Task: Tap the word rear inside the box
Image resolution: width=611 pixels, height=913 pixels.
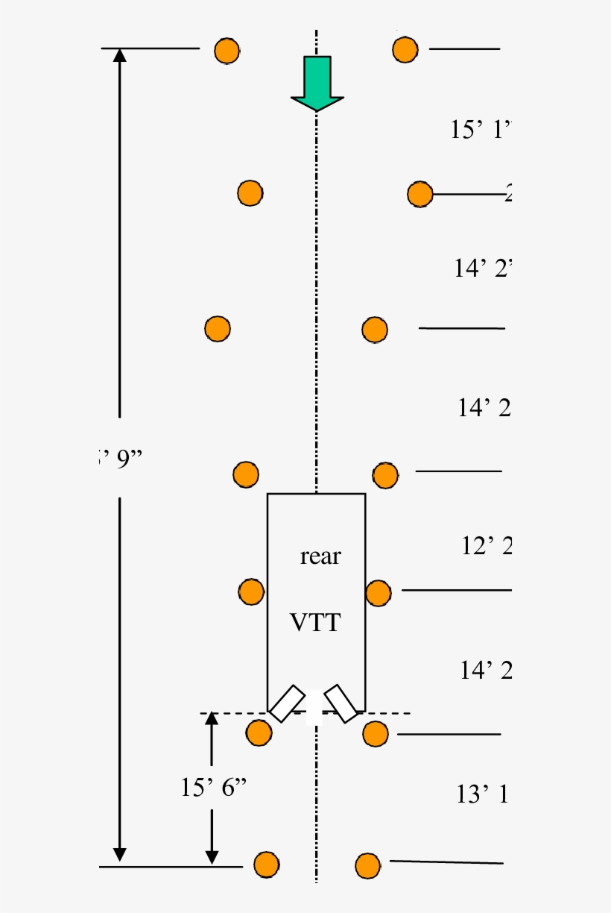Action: pos(320,556)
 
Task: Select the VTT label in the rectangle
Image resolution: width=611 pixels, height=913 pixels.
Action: pos(316,622)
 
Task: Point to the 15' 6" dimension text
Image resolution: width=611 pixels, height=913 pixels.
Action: pos(213,788)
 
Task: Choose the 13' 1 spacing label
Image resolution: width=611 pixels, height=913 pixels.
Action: pos(482,795)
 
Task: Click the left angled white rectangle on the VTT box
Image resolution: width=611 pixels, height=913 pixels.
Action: pos(287,703)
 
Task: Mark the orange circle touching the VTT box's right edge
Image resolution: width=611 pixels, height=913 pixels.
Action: pos(379,593)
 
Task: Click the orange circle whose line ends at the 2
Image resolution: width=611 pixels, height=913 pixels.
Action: pos(420,194)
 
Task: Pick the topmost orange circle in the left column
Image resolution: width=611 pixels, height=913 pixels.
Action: pos(227,51)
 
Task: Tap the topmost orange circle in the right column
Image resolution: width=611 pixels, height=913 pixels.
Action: pos(405,49)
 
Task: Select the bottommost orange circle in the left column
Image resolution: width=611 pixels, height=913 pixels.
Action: pos(266,865)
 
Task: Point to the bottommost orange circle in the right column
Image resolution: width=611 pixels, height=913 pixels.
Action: pos(367,865)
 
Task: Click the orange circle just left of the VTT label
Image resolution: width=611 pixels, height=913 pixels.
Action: pos(251,592)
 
